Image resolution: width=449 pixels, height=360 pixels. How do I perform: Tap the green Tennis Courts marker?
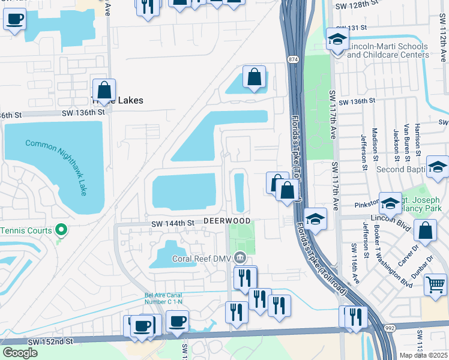point(61,230)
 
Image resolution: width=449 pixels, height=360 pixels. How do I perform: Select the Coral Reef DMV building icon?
point(240,258)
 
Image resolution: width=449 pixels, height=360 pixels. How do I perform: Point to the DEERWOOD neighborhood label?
point(227,221)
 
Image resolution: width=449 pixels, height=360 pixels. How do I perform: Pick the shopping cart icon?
point(435,284)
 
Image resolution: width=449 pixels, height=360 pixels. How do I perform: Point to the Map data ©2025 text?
point(424,355)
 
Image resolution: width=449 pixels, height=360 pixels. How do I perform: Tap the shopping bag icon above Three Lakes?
point(104,90)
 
